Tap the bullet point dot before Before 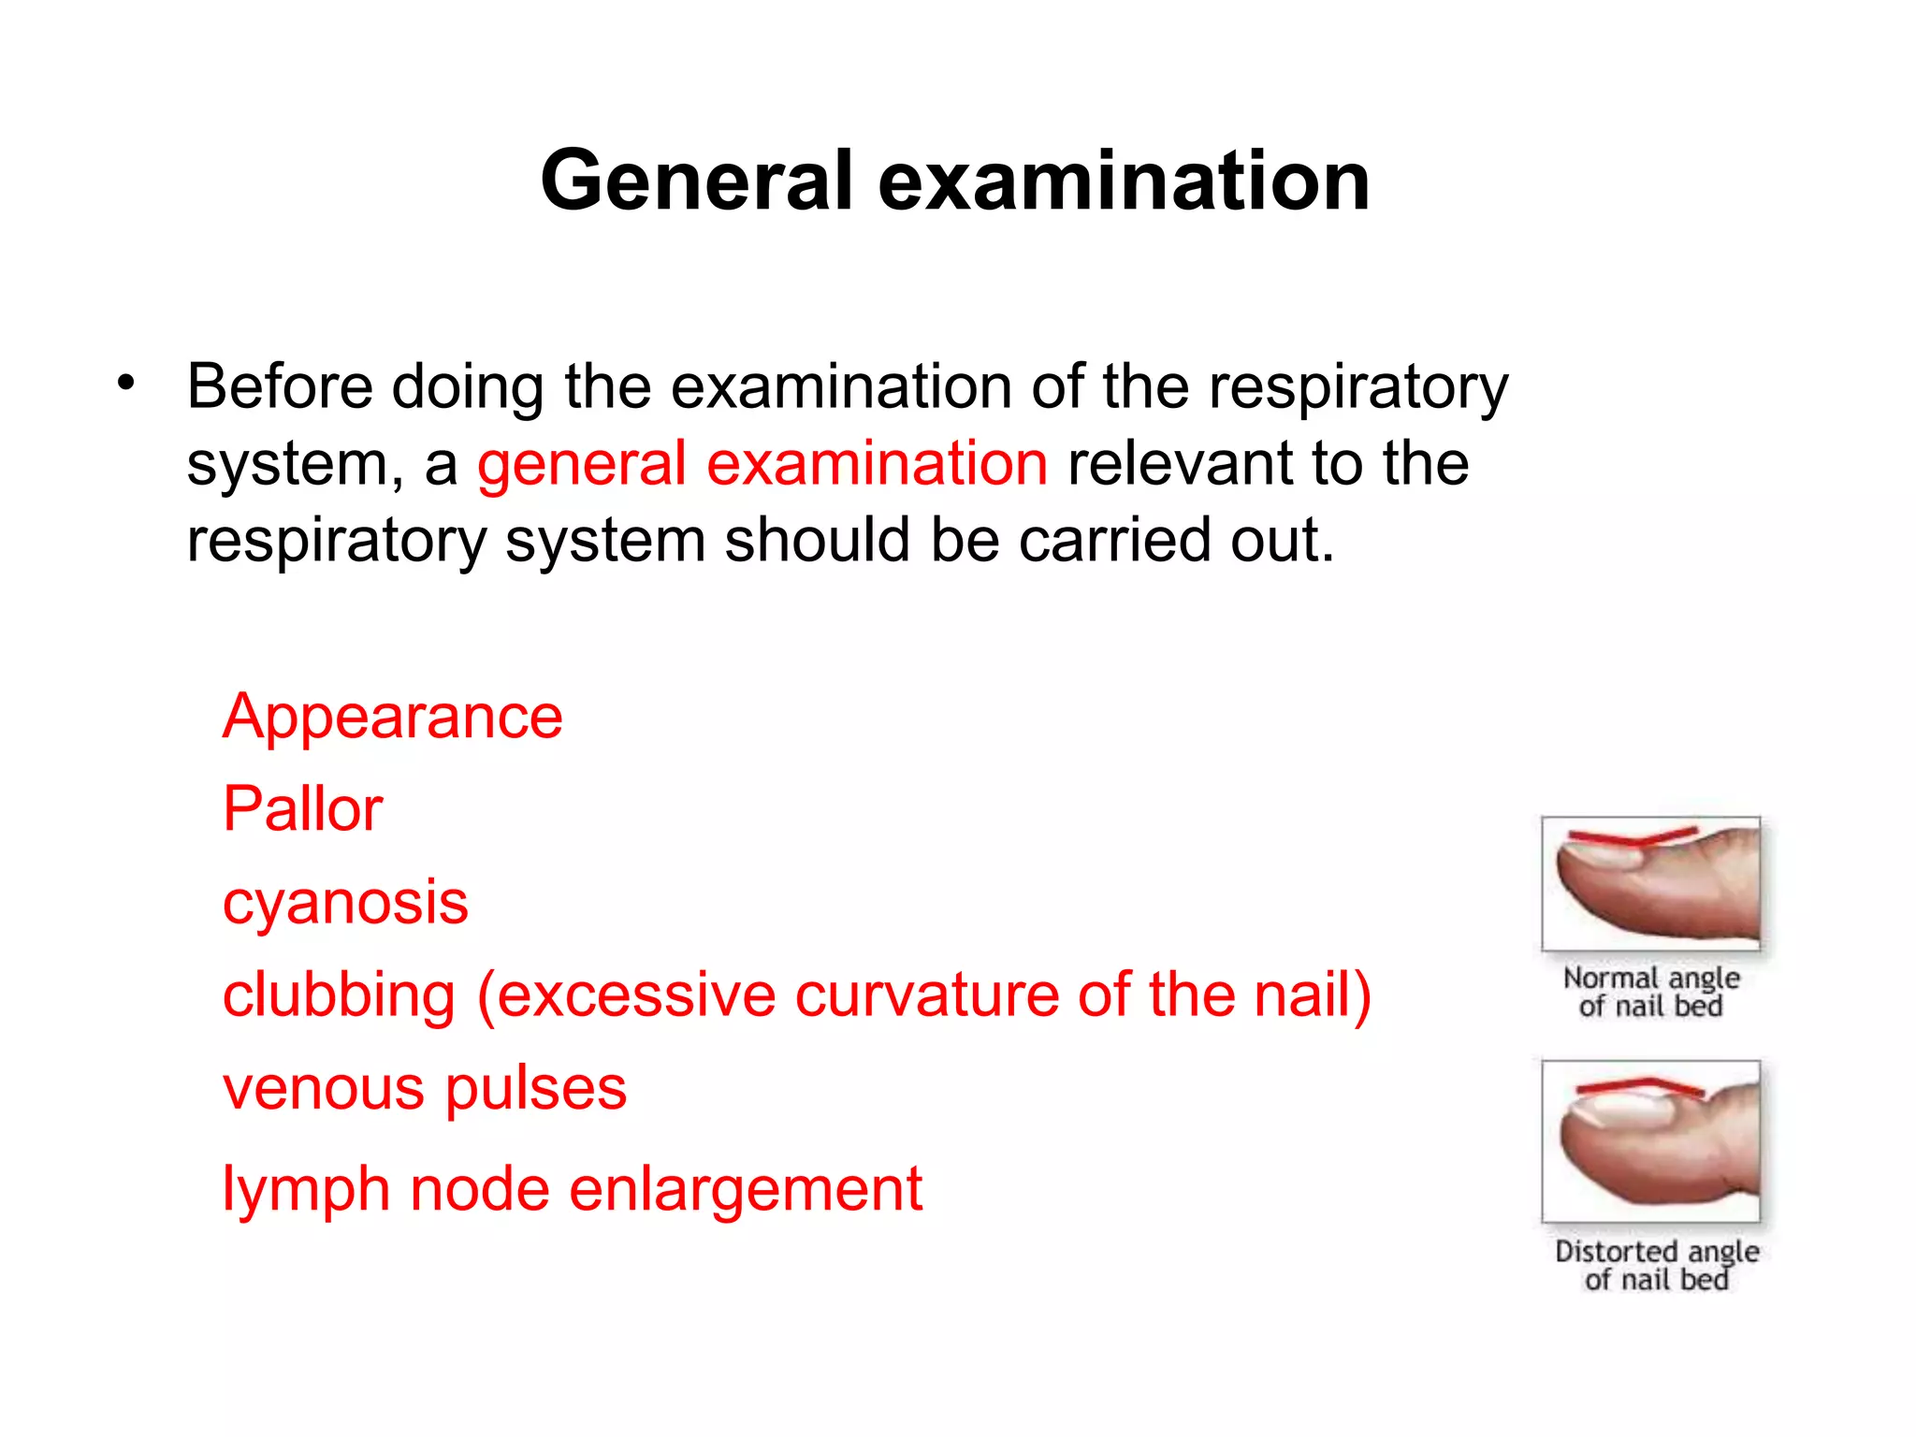click(126, 383)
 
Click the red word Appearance click(392, 717)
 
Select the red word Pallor click(302, 808)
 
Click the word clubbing click(339, 994)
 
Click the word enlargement click(746, 1190)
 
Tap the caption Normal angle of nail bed click(1651, 992)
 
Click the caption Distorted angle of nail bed click(1656, 1265)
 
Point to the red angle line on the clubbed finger click(1637, 1086)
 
